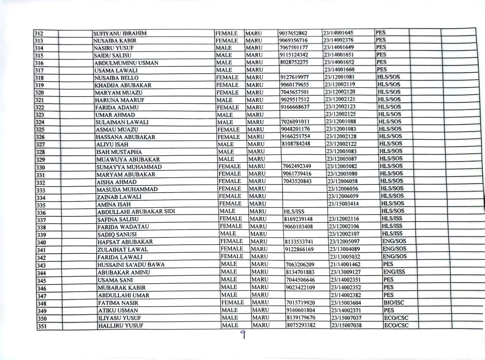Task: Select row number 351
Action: coord(42,326)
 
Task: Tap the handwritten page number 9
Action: coord(242,335)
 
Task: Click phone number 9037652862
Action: coord(293,33)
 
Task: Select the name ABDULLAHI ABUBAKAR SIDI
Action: coord(136,211)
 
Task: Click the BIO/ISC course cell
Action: coord(394,303)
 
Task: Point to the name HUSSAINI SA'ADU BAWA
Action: coord(131,264)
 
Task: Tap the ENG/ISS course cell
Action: coord(394,272)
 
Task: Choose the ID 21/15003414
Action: coord(344,204)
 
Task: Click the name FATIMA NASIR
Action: coord(118,303)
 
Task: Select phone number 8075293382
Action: coord(301,325)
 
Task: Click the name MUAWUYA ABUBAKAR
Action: coord(125,159)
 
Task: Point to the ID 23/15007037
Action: coord(346,318)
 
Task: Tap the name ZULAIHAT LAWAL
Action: coord(123,250)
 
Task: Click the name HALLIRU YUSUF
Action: coord(120,326)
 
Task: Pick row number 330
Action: coord(41,167)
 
